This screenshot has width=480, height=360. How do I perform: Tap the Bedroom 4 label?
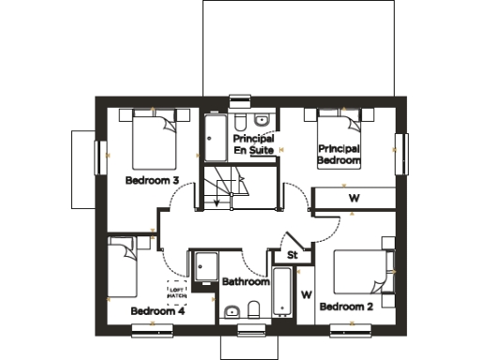click(157, 310)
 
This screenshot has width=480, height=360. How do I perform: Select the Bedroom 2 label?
click(346, 307)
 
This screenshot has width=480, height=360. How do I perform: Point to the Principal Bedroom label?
click(338, 155)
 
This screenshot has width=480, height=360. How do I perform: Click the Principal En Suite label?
click(253, 144)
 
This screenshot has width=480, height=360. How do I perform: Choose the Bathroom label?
click(246, 281)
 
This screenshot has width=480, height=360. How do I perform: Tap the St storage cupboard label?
click(292, 254)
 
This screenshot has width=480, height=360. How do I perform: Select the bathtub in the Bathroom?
click(282, 292)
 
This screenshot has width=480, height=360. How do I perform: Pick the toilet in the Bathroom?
click(253, 310)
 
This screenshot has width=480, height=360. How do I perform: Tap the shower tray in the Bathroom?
click(203, 266)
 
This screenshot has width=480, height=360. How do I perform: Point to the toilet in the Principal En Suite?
click(241, 123)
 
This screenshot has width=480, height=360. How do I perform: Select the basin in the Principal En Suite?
click(262, 120)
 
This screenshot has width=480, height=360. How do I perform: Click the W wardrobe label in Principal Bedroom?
click(353, 199)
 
